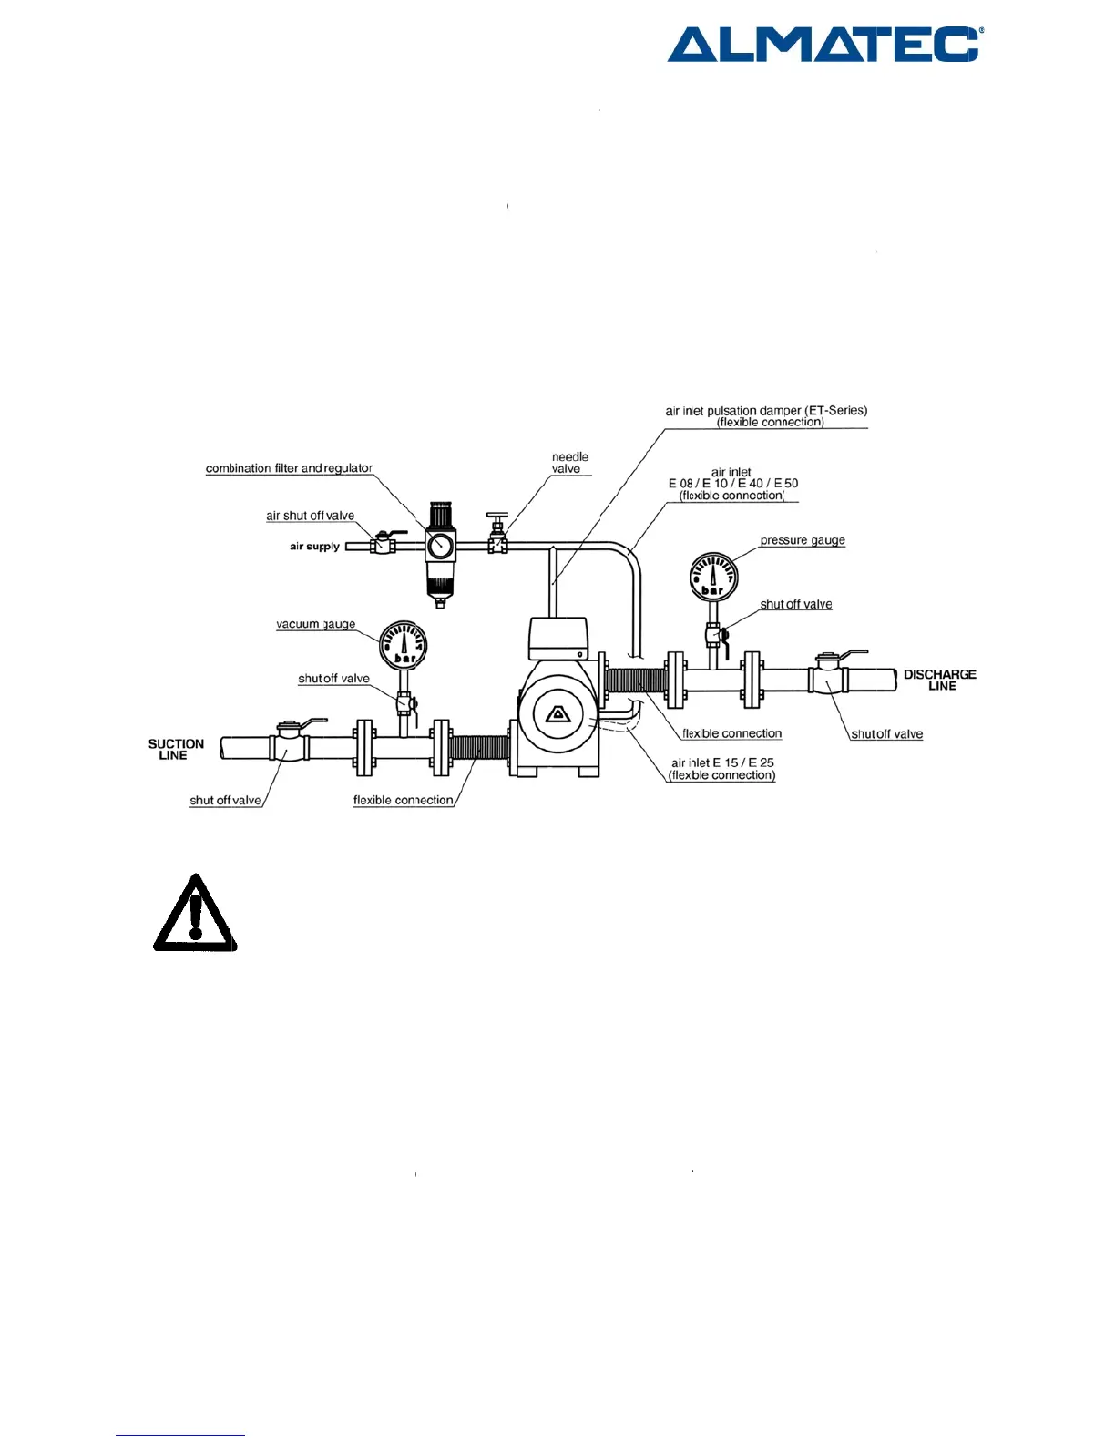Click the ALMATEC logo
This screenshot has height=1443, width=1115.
click(823, 44)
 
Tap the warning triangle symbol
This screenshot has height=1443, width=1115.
click(195, 914)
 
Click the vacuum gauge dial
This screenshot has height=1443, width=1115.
click(403, 644)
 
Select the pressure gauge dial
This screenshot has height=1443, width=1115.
click(713, 577)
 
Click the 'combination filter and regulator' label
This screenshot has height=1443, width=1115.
click(289, 468)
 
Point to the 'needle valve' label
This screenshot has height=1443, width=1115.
click(569, 463)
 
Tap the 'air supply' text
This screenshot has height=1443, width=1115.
click(314, 547)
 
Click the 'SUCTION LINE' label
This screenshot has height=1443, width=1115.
click(175, 750)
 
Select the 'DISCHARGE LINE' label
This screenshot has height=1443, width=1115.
click(939, 680)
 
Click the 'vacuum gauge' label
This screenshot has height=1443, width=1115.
click(315, 624)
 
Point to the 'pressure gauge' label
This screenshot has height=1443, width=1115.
click(802, 540)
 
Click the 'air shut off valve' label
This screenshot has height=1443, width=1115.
click(310, 516)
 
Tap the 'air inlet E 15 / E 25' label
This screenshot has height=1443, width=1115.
click(722, 769)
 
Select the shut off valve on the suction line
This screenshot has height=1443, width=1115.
click(289, 744)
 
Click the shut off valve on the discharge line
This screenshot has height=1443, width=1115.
click(828, 676)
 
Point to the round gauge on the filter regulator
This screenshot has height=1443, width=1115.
click(440, 546)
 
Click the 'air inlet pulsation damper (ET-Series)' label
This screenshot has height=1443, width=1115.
click(766, 416)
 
